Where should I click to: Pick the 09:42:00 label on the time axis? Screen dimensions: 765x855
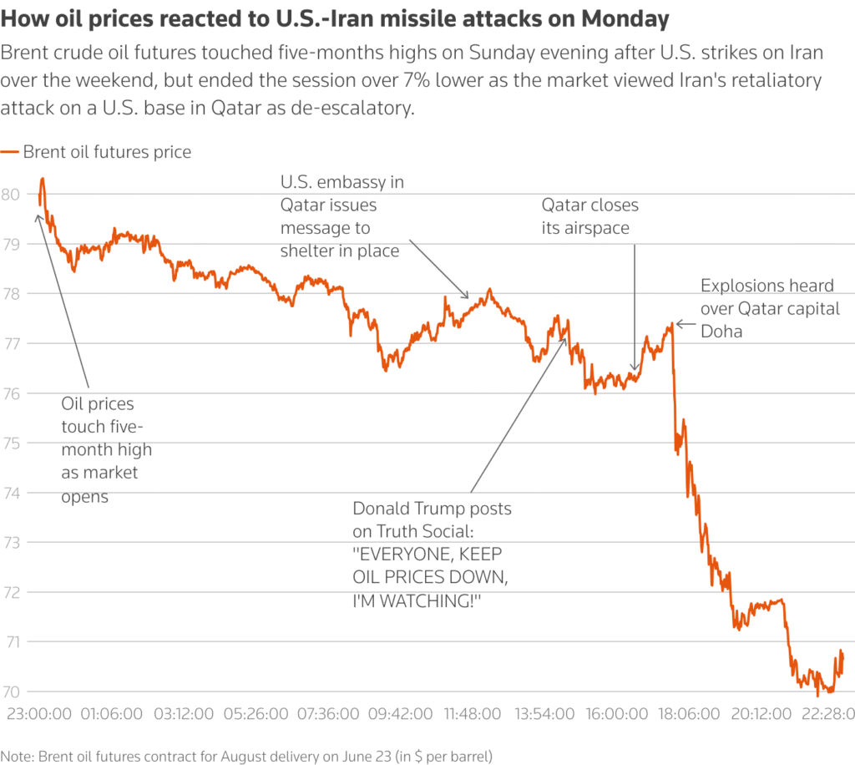(x=400, y=715)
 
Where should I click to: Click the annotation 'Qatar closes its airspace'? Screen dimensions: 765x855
(x=589, y=216)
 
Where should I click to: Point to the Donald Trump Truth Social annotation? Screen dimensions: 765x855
(x=432, y=555)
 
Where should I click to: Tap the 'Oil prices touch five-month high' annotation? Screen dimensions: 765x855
(x=107, y=449)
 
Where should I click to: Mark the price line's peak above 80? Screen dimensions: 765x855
(x=42, y=179)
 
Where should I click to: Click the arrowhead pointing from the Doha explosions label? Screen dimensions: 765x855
(x=679, y=323)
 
